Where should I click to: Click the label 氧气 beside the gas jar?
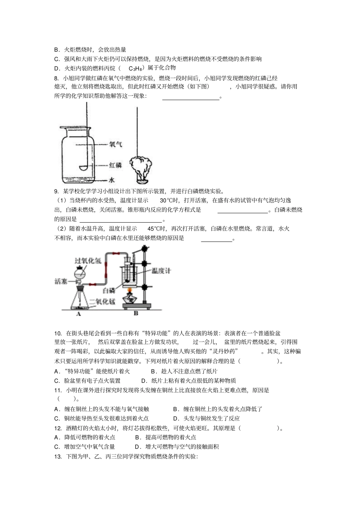116,144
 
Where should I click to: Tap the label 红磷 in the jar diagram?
116,165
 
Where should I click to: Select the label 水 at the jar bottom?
112,180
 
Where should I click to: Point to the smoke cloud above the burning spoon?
141,165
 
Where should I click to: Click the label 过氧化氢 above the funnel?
88,261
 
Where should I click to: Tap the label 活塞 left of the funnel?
61,281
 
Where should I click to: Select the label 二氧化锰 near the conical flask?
102,302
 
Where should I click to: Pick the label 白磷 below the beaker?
109,290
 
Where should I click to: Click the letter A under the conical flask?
79,314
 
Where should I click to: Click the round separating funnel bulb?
80,272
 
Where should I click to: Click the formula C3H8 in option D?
135,69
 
